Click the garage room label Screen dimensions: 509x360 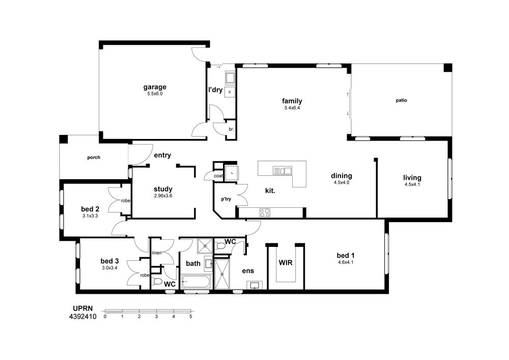155,87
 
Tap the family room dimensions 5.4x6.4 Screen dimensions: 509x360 292,108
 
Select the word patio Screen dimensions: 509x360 401,100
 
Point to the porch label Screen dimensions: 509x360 94,157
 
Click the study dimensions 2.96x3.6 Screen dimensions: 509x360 163,196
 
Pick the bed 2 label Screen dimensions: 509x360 90,209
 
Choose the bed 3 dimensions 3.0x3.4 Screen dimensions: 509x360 109,268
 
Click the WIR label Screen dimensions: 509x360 286,263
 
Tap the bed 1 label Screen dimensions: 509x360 345,256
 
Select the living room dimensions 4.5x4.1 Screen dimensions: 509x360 412,184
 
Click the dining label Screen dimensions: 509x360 342,176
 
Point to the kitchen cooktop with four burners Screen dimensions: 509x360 265,213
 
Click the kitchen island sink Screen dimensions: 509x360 282,171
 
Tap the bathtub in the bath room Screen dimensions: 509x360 196,282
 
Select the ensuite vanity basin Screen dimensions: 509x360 255,285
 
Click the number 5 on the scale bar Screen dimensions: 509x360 190,317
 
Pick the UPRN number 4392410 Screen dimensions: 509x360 83,317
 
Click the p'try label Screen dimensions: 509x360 226,199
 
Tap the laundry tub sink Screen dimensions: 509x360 230,78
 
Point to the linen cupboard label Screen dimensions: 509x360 156,253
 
